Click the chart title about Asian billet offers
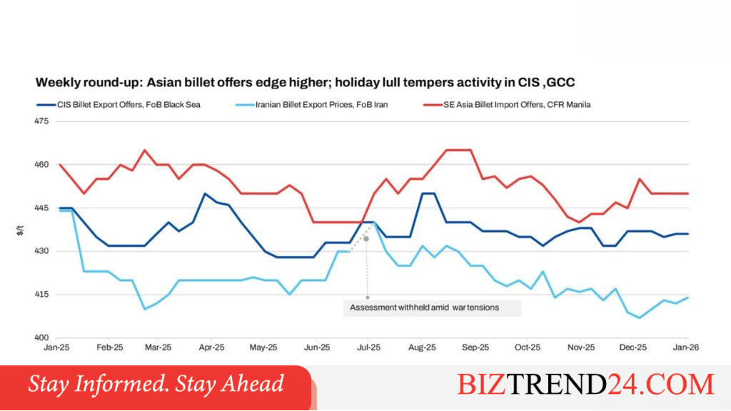click(x=305, y=83)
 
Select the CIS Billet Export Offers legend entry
click(x=119, y=105)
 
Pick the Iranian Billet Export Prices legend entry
click(x=311, y=105)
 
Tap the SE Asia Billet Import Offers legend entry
click(x=507, y=105)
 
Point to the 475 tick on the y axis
click(x=41, y=121)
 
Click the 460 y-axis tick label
click(x=41, y=165)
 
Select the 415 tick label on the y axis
click(x=41, y=295)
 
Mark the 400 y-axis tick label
click(x=41, y=338)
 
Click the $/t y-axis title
click(x=20, y=230)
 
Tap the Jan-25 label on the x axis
click(x=56, y=347)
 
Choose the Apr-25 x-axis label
click(x=211, y=347)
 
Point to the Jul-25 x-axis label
click(x=368, y=347)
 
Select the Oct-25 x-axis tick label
click(x=528, y=347)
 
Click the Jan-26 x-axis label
click(x=686, y=347)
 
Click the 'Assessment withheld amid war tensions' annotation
click(x=424, y=308)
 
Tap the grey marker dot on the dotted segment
click(x=366, y=239)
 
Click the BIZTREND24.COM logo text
click(x=585, y=385)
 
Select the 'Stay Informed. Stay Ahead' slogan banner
click(x=156, y=384)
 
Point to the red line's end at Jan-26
click(x=688, y=193)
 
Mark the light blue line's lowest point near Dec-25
click(x=640, y=318)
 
